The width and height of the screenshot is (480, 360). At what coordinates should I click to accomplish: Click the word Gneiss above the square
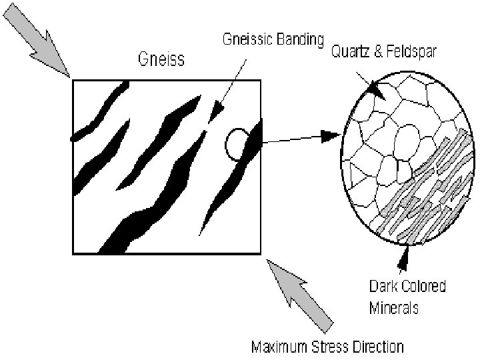click(x=161, y=59)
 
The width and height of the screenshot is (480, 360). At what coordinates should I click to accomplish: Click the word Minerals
click(x=394, y=308)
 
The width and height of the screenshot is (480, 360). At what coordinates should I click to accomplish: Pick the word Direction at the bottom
click(x=379, y=347)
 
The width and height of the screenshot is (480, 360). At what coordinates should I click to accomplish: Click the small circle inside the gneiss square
click(x=236, y=145)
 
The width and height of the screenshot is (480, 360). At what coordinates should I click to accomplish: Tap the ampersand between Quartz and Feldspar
click(x=378, y=53)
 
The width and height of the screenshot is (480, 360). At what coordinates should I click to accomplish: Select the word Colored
click(x=423, y=287)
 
